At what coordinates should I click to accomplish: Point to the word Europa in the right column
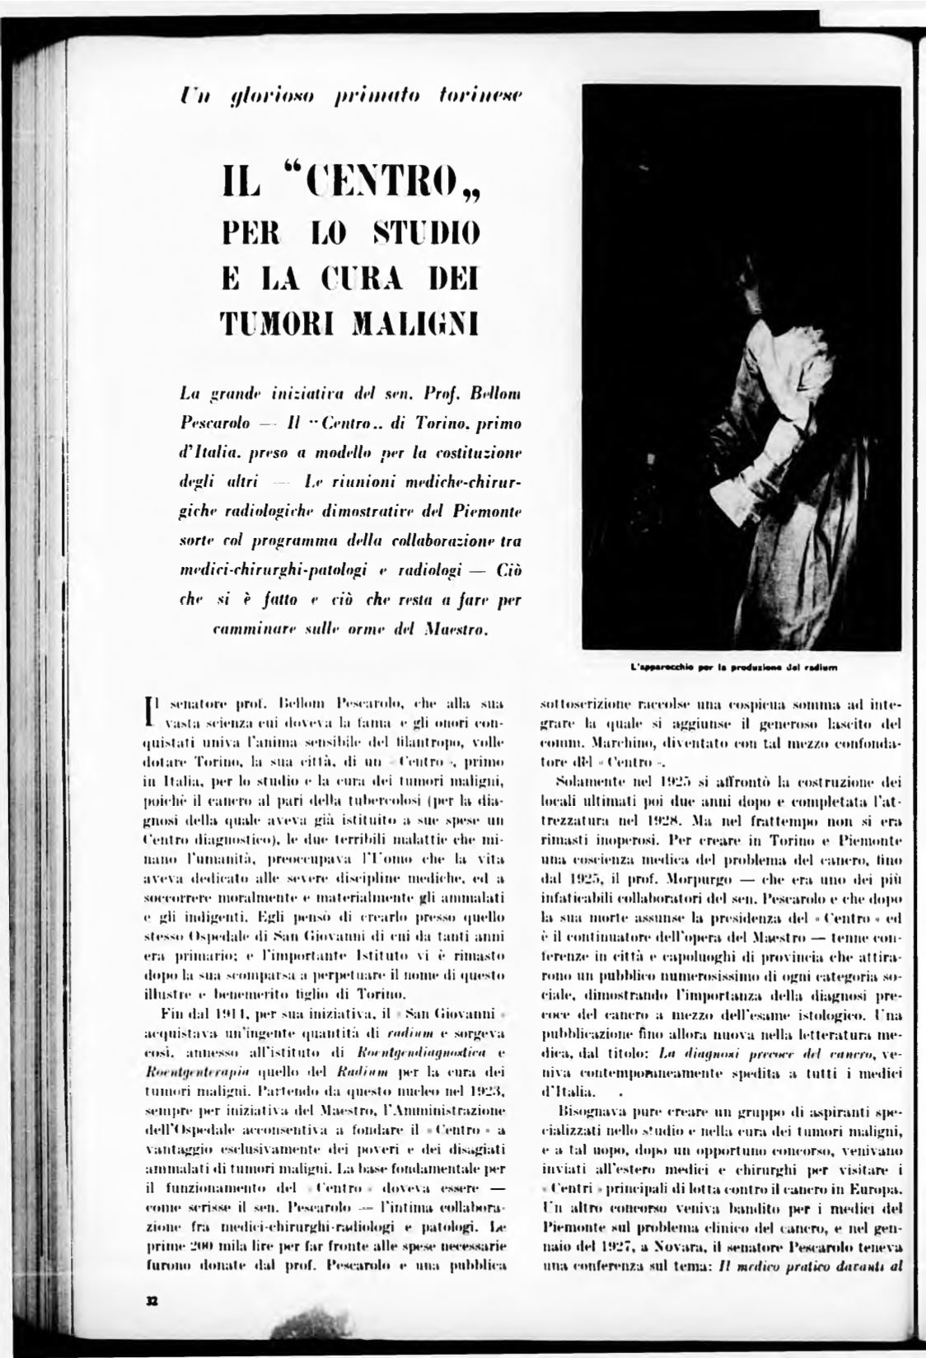pyautogui.click(x=874, y=1189)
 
